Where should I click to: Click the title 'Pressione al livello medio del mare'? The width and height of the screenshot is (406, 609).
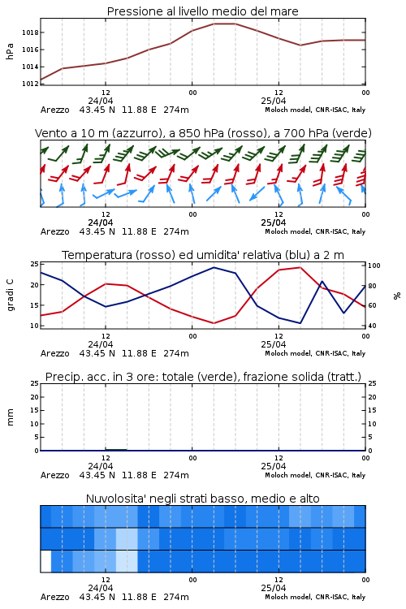coord(202,11)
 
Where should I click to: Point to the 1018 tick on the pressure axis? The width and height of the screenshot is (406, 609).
coord(30,32)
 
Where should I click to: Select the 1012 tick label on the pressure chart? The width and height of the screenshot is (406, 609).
coord(30,84)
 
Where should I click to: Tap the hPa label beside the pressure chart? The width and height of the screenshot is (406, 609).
coord(10,51)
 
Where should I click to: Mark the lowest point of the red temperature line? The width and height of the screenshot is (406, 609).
coord(214,323)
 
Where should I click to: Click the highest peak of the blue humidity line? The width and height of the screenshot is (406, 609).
coord(214,267)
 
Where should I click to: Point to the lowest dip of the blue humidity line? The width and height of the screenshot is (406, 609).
coord(300,323)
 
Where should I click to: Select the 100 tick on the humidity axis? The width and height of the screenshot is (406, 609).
coord(374,266)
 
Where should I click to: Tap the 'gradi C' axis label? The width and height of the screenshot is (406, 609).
coord(10,296)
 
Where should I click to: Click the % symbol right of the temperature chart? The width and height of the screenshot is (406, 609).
coord(397,296)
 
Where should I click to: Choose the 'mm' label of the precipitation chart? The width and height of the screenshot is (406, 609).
coord(10,417)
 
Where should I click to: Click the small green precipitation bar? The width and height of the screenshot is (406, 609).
coord(116,449)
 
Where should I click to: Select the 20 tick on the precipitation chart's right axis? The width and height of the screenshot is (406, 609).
coord(372,397)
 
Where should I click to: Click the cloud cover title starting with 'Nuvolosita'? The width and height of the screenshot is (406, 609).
coord(202,499)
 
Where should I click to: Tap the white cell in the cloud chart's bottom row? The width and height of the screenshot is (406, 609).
coord(45,561)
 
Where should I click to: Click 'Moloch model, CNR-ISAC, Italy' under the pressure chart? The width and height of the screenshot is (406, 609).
coord(315,110)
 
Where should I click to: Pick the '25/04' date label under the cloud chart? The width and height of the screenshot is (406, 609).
coord(274,588)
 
